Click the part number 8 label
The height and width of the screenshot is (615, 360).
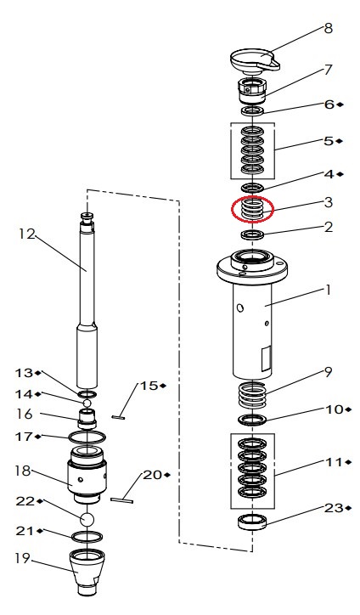[328, 29]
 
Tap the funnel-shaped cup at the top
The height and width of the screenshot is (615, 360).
[255, 61]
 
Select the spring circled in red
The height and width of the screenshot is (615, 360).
[252, 209]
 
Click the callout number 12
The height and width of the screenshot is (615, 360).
[27, 234]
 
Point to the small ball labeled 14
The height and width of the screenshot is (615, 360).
[87, 403]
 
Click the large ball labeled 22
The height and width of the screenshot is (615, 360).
[87, 520]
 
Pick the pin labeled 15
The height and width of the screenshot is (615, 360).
[118, 417]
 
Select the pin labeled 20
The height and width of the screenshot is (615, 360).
[122, 500]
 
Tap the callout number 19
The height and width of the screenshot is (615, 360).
[23, 558]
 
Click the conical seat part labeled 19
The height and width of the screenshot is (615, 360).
[87, 572]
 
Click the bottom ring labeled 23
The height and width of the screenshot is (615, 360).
[252, 522]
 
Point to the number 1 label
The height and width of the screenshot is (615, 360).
[328, 291]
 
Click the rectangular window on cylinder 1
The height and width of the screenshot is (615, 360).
[267, 358]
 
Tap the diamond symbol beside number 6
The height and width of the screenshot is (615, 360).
[340, 104]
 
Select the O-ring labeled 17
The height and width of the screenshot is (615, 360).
[87, 436]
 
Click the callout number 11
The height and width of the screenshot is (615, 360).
[334, 462]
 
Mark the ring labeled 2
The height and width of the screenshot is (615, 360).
[252, 235]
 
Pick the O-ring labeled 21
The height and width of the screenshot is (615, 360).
[87, 536]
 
